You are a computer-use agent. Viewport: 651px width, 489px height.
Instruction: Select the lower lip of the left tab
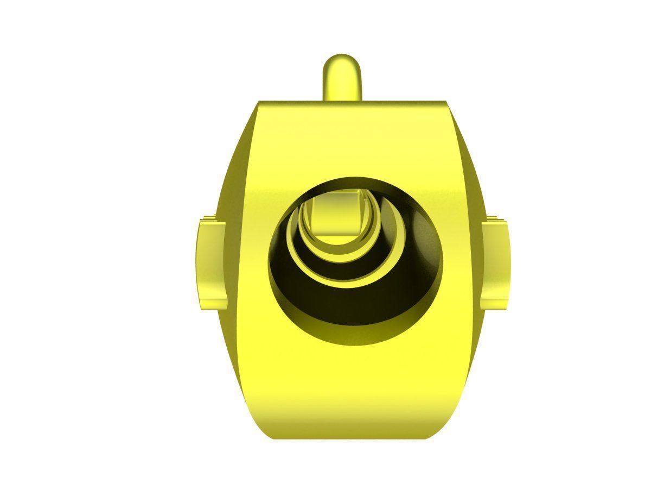(212, 304)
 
